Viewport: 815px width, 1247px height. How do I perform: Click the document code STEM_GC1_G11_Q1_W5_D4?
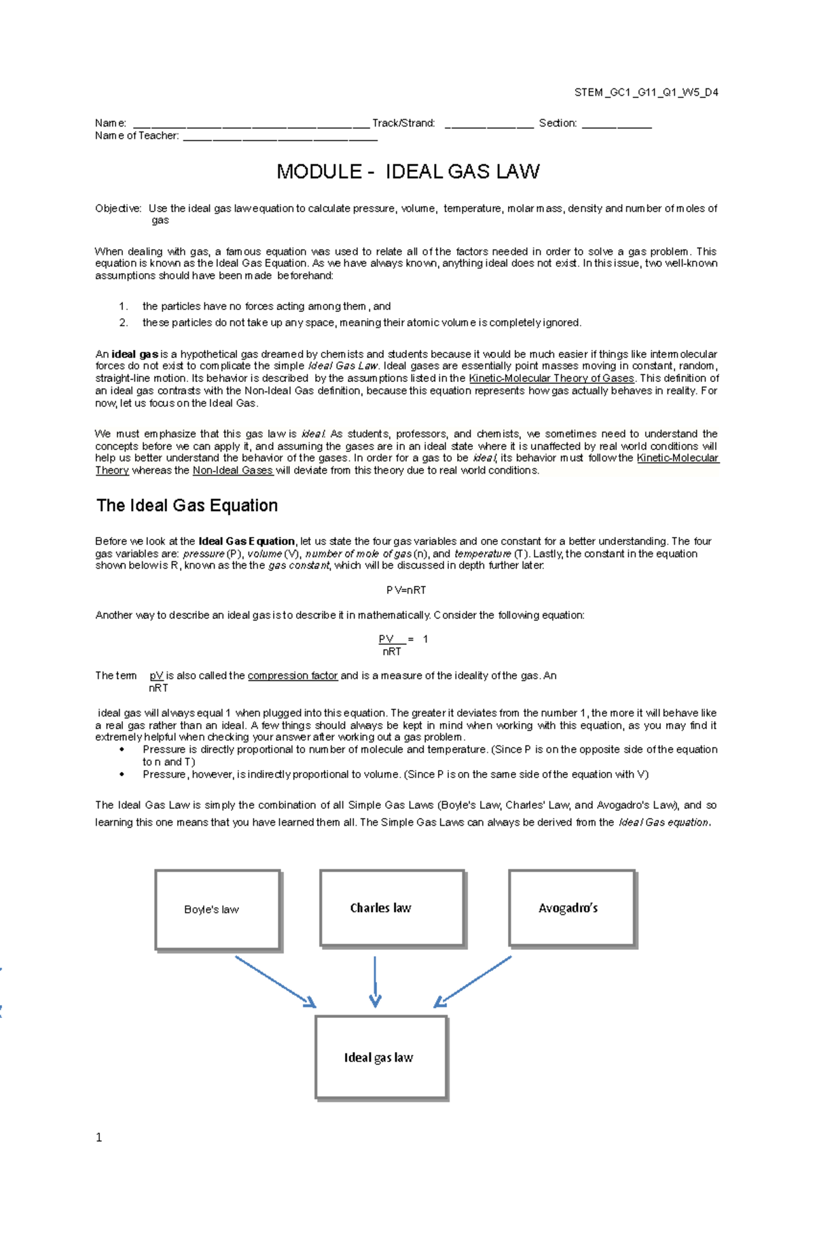646,92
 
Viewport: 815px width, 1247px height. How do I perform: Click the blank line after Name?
251,125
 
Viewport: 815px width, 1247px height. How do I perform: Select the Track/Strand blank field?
488,125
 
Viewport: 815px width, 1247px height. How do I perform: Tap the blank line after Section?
617,125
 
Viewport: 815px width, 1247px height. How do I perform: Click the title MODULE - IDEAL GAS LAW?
407,171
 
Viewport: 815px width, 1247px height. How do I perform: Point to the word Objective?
118,209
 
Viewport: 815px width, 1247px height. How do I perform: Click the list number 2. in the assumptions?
124,323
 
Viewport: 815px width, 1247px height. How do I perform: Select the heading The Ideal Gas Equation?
187,506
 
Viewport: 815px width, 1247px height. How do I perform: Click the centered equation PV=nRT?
406,590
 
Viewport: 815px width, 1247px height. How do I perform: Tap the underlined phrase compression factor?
292,675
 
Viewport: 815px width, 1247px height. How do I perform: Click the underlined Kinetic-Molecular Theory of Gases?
551,379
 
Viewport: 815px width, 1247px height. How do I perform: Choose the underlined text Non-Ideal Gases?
233,470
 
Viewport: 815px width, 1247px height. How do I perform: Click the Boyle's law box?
217,909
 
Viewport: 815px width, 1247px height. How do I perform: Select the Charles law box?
392,908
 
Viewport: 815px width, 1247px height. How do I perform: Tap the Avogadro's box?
572,908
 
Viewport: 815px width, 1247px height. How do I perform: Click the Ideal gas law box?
380,1057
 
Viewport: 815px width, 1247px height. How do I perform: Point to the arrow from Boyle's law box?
275,981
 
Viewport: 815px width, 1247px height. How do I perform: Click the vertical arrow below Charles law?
375,981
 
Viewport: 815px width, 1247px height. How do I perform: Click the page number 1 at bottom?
99,1138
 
